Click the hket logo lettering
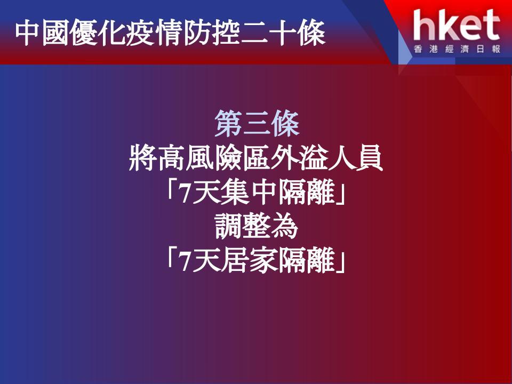pos(457,25)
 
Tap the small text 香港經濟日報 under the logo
pos(457,49)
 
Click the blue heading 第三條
pos(257,124)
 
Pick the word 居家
pos(249,260)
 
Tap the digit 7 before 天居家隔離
pos(186,262)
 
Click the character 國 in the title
pos(55,33)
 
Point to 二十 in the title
pos(255,33)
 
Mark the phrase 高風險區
pos(214,158)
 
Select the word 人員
pos(355,158)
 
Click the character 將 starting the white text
pos(143,158)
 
